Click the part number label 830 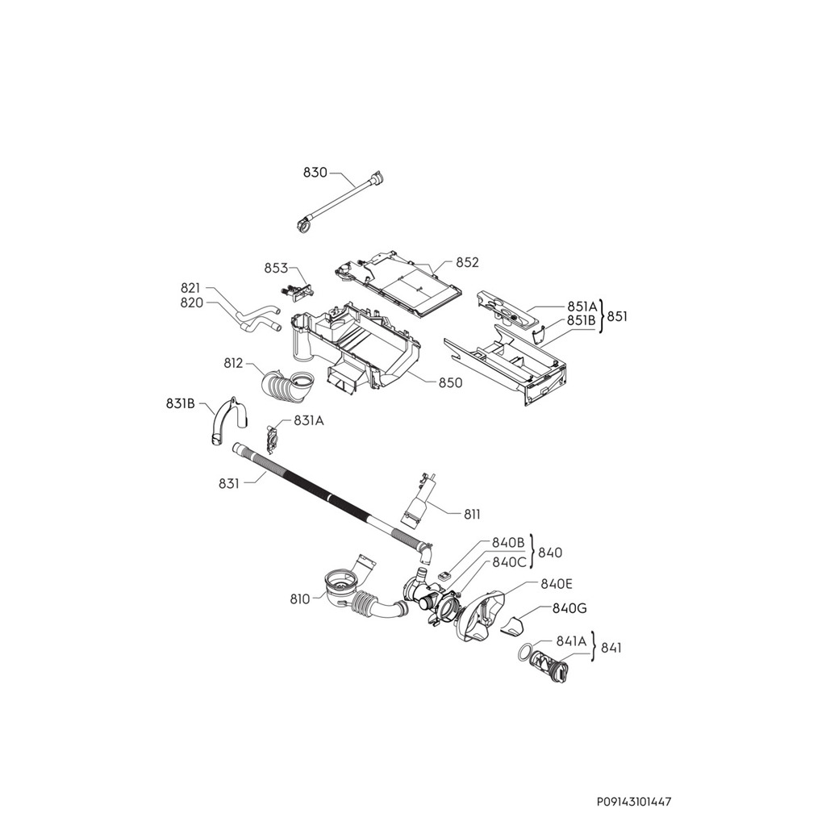[x=315, y=173]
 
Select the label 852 [x=467, y=262]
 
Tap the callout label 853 [x=277, y=269]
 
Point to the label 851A [x=582, y=307]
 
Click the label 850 [x=450, y=382]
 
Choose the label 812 [x=234, y=363]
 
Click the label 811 [x=473, y=513]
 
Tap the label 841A [x=571, y=640]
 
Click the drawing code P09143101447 [x=634, y=802]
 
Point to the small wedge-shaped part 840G [x=512, y=625]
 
